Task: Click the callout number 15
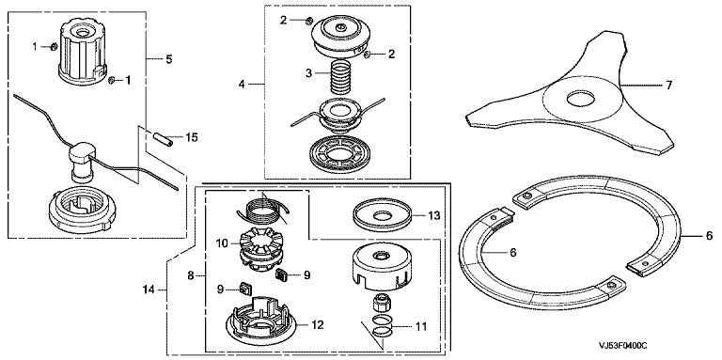pyautogui.click(x=191, y=137)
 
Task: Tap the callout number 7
pyautogui.click(x=668, y=85)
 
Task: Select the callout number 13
pyautogui.click(x=433, y=215)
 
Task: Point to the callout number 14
pyautogui.click(x=149, y=290)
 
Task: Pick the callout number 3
pyautogui.click(x=309, y=72)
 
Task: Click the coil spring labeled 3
pyautogui.click(x=339, y=77)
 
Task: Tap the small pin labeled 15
pyautogui.click(x=164, y=139)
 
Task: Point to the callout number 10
pyautogui.click(x=223, y=243)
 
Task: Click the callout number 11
pyautogui.click(x=421, y=327)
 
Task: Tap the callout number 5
pyautogui.click(x=169, y=59)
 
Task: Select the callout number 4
pyautogui.click(x=243, y=84)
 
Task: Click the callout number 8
pyautogui.click(x=191, y=276)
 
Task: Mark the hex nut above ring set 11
pyautogui.click(x=382, y=303)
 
